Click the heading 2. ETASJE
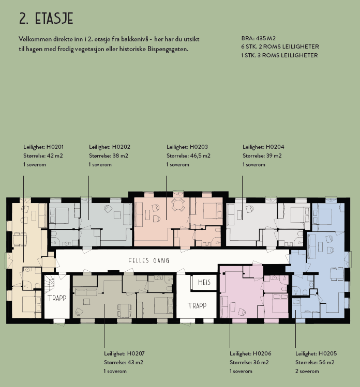click(46, 19)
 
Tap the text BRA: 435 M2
click(259, 39)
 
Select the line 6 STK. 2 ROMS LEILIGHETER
click(280, 47)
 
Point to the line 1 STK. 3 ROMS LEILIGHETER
click(279, 55)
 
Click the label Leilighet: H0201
click(44, 147)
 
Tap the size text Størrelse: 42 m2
click(43, 156)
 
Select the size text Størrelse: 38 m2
click(109, 156)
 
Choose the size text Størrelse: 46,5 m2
click(188, 156)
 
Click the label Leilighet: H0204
click(263, 147)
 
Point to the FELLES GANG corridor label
click(149, 260)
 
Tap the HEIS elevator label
click(202, 283)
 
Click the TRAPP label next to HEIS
click(197, 305)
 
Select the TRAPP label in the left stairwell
click(57, 298)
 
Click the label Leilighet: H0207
click(124, 353)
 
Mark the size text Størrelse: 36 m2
click(249, 362)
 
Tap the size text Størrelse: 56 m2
click(315, 362)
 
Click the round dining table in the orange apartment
click(178, 205)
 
